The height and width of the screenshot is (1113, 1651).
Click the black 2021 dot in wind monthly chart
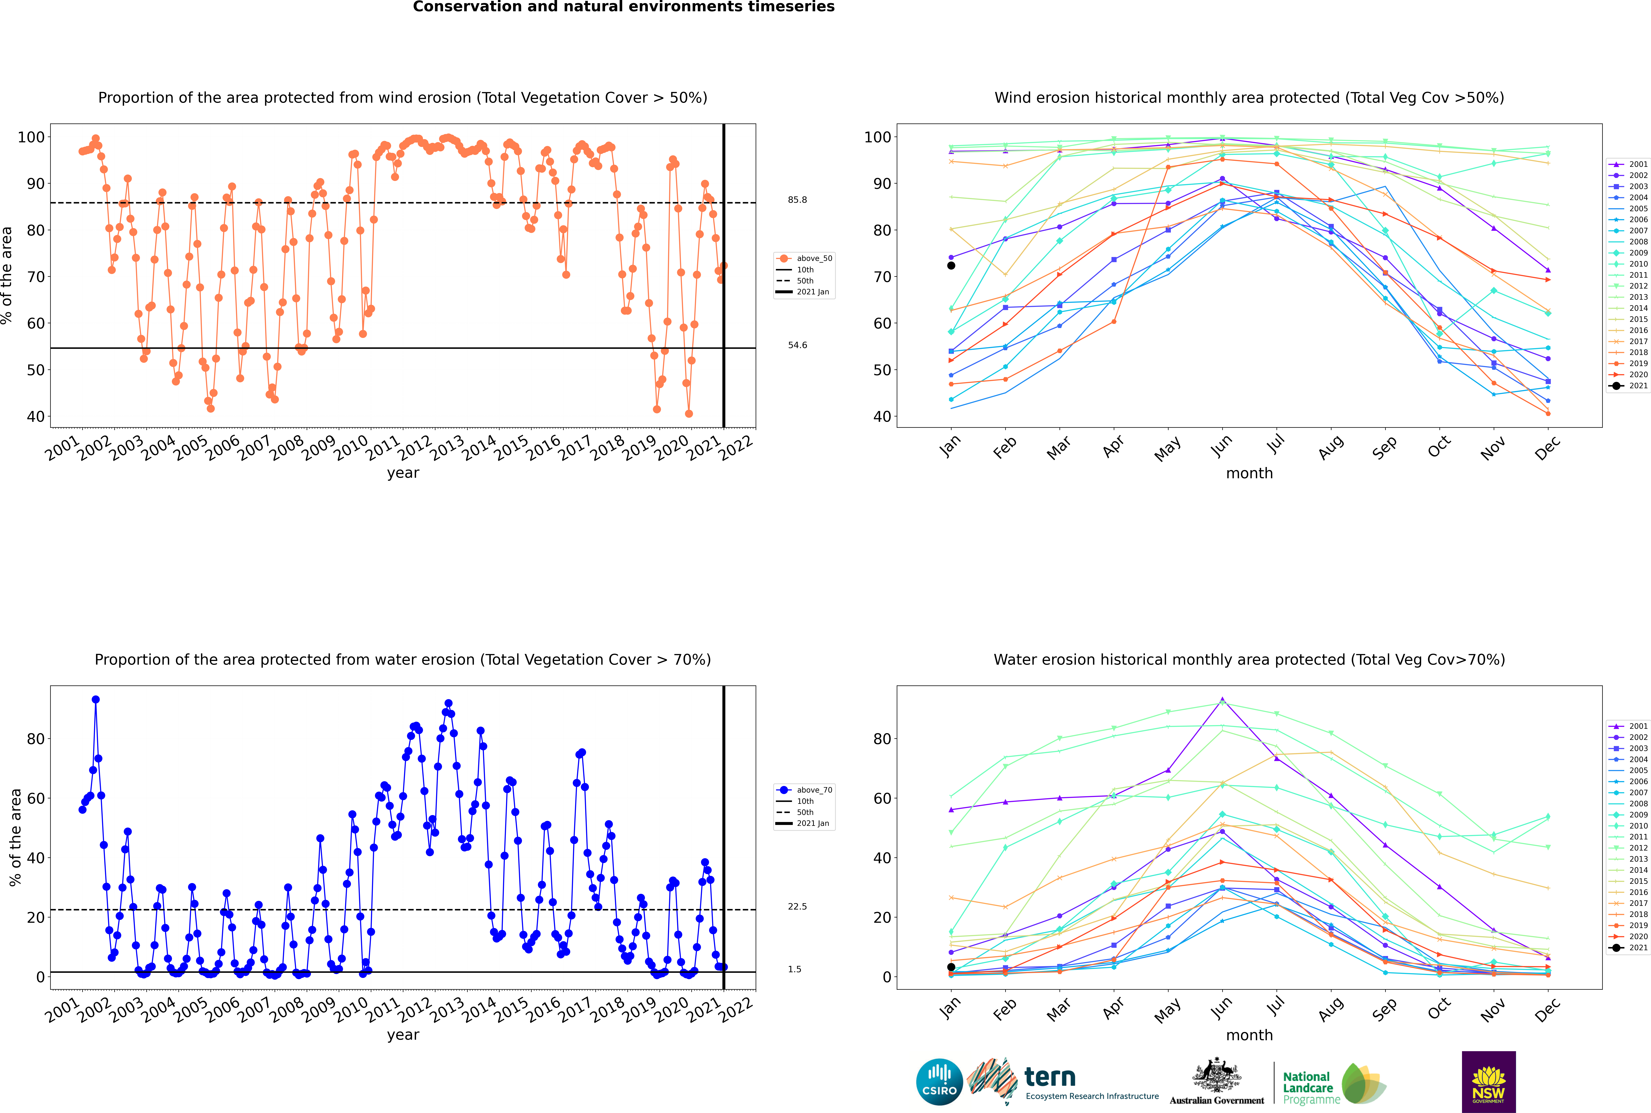(951, 265)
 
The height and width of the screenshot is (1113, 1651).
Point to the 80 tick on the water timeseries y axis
(35, 739)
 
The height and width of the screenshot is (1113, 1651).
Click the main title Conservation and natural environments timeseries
(623, 7)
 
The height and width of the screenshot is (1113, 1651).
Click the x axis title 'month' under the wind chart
(1249, 474)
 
